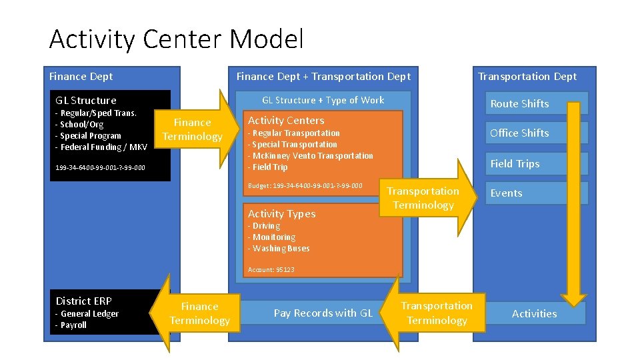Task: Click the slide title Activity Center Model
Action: tap(176, 39)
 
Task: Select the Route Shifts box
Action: tap(519, 103)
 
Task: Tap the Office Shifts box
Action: tap(519, 133)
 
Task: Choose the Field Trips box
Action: tap(515, 163)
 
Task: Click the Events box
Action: tap(507, 193)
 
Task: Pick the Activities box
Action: tap(534, 313)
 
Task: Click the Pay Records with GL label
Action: tap(323, 313)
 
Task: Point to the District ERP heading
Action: tap(83, 301)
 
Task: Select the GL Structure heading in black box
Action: tap(85, 101)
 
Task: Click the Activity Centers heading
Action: tap(286, 121)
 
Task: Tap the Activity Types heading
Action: tap(281, 214)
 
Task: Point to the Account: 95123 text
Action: tap(271, 270)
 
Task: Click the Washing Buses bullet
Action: tap(280, 249)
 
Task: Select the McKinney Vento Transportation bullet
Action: tap(311, 156)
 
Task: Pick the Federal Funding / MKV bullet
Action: tap(101, 147)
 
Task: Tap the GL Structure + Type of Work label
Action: tap(323, 100)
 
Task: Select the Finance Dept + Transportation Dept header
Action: tap(323, 77)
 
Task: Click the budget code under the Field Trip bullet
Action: tap(305, 185)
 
